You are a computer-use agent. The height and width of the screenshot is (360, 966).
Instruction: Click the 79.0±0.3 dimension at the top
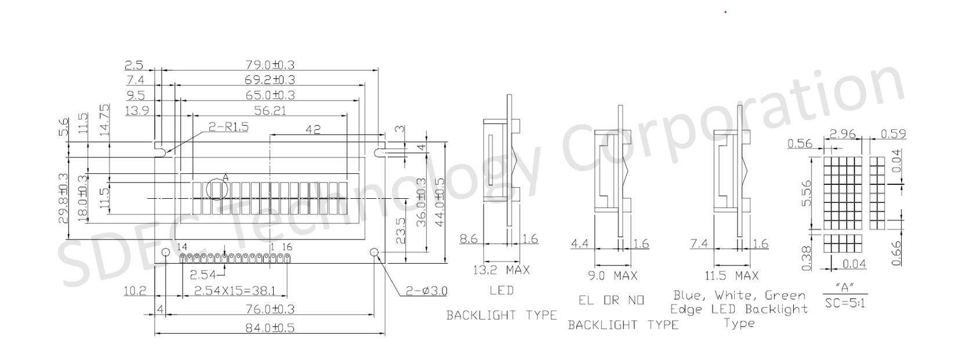click(270, 65)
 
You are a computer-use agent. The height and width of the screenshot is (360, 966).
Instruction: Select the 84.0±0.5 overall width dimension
click(270, 328)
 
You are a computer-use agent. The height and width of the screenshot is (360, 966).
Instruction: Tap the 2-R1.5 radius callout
click(228, 127)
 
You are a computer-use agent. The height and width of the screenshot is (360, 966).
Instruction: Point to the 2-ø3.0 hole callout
click(427, 291)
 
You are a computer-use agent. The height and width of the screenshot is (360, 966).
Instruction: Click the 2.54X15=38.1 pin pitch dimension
click(235, 291)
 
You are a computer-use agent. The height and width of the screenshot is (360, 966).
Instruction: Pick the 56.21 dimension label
click(270, 111)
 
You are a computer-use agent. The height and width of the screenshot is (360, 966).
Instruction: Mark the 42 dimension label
click(313, 129)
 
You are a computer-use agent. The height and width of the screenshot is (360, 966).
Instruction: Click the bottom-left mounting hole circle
click(165, 252)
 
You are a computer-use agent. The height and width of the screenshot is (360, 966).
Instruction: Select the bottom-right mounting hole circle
click(374, 252)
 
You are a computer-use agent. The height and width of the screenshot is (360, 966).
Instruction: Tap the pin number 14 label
click(183, 247)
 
